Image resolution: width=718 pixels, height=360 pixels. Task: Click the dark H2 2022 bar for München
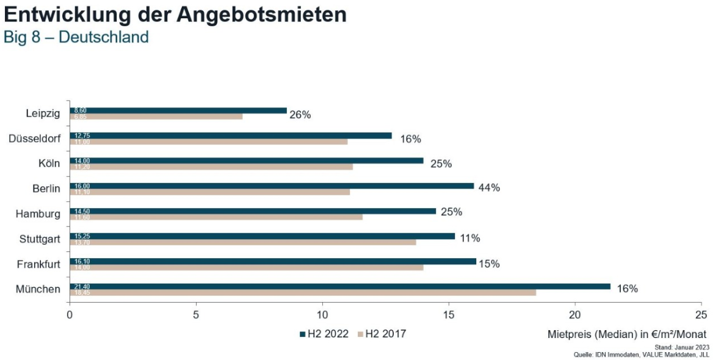click(x=339, y=286)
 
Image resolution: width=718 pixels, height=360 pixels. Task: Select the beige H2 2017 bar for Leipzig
click(x=156, y=117)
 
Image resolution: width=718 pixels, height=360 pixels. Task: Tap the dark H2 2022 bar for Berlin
click(x=271, y=185)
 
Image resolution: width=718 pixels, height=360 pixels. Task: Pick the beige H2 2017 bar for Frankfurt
click(x=246, y=267)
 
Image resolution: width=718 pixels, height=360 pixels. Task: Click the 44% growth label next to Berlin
click(x=490, y=188)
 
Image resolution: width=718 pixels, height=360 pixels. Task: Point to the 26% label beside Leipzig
click(x=300, y=115)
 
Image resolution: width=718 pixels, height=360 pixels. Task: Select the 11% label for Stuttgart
click(x=470, y=238)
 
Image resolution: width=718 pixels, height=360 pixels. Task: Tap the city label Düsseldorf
click(x=35, y=139)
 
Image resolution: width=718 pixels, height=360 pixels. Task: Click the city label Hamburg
click(x=38, y=214)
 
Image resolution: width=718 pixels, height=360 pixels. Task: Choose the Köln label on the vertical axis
click(x=49, y=164)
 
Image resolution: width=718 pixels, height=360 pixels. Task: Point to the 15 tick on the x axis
click(x=449, y=315)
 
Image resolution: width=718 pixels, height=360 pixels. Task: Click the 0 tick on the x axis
click(x=70, y=315)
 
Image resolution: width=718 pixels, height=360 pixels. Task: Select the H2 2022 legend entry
click(x=324, y=334)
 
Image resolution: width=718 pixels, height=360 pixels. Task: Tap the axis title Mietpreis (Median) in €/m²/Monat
click(x=626, y=334)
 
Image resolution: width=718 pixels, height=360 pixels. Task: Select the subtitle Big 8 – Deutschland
click(x=76, y=37)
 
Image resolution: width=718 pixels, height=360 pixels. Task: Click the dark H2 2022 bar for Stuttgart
click(x=262, y=236)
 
